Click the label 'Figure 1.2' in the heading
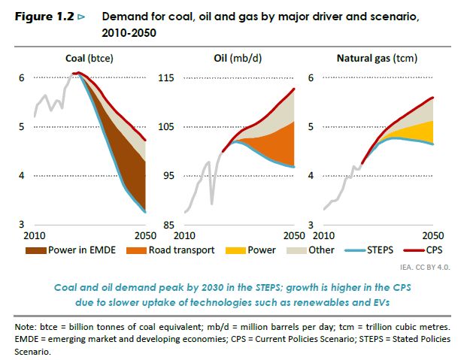point(44,15)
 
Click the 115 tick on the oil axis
point(166,77)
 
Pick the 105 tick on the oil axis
point(166,126)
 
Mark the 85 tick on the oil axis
point(168,225)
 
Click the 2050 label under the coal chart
point(136,236)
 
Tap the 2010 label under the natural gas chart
point(322,236)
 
